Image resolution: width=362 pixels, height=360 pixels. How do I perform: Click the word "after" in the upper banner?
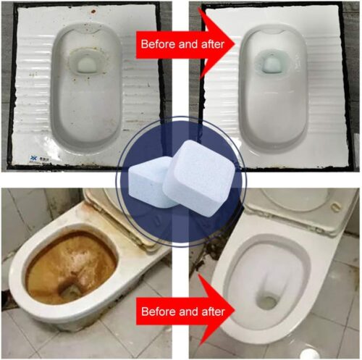click(x=211, y=44)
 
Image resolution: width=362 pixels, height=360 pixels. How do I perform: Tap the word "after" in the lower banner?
click(x=212, y=311)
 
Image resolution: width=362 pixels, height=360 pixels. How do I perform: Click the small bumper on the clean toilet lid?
click(x=334, y=206)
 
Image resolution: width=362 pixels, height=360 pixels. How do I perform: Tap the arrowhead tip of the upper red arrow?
click(x=235, y=43)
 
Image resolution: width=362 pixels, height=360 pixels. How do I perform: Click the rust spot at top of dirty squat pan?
click(x=93, y=11)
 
